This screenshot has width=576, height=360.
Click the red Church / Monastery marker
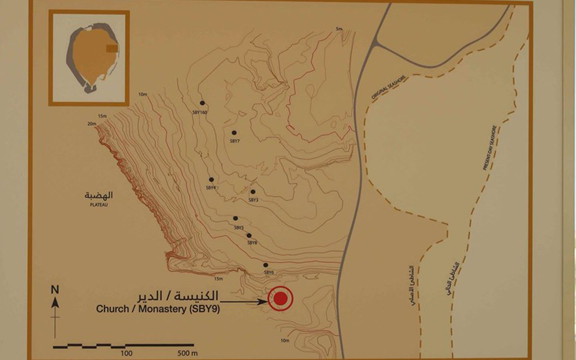(280, 298)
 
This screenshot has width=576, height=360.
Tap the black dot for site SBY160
(202, 103)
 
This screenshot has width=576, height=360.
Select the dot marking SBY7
(234, 133)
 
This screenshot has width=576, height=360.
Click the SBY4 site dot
(211, 180)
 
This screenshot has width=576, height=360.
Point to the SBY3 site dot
(253, 192)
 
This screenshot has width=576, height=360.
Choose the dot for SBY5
(236, 218)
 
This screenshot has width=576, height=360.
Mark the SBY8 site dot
(249, 236)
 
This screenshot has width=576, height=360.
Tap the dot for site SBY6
(265, 265)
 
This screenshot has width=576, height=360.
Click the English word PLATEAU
(99, 205)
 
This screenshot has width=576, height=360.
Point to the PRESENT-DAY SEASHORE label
(490, 148)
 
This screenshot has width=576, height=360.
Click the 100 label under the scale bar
(126, 353)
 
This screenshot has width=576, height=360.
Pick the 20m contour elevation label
(92, 124)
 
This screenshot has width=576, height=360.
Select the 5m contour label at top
(339, 29)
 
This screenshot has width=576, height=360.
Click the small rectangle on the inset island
(112, 48)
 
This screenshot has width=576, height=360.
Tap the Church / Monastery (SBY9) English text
(158, 309)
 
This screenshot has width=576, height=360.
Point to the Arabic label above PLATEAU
(99, 195)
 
